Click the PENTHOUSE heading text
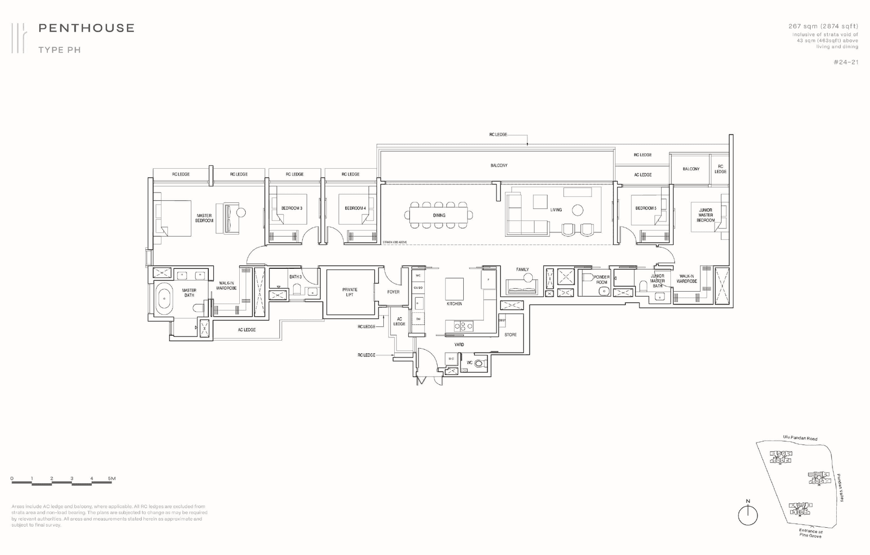(86, 28)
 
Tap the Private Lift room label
(350, 292)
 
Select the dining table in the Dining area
(439, 215)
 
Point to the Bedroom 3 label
(291, 208)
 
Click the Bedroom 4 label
(355, 208)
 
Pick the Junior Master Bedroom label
(705, 215)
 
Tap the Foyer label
(393, 292)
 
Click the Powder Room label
(601, 280)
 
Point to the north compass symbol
(748, 515)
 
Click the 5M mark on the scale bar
(111, 479)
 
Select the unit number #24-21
(846, 62)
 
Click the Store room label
(510, 335)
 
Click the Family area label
(523, 269)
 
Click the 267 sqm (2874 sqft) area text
(823, 26)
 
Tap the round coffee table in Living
(577, 209)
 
